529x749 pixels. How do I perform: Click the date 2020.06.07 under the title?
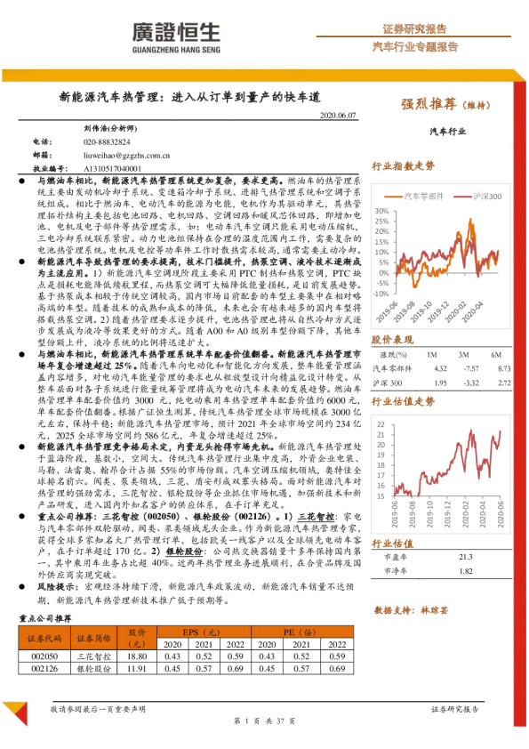click(x=337, y=116)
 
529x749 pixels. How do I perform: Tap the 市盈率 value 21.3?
click(x=465, y=557)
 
